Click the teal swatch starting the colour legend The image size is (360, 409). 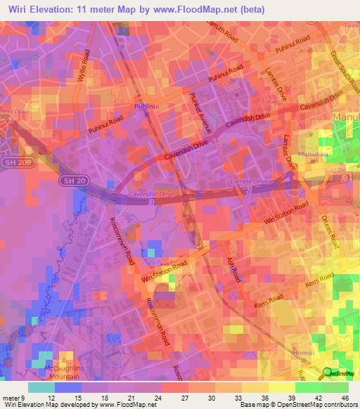point(41,387)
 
